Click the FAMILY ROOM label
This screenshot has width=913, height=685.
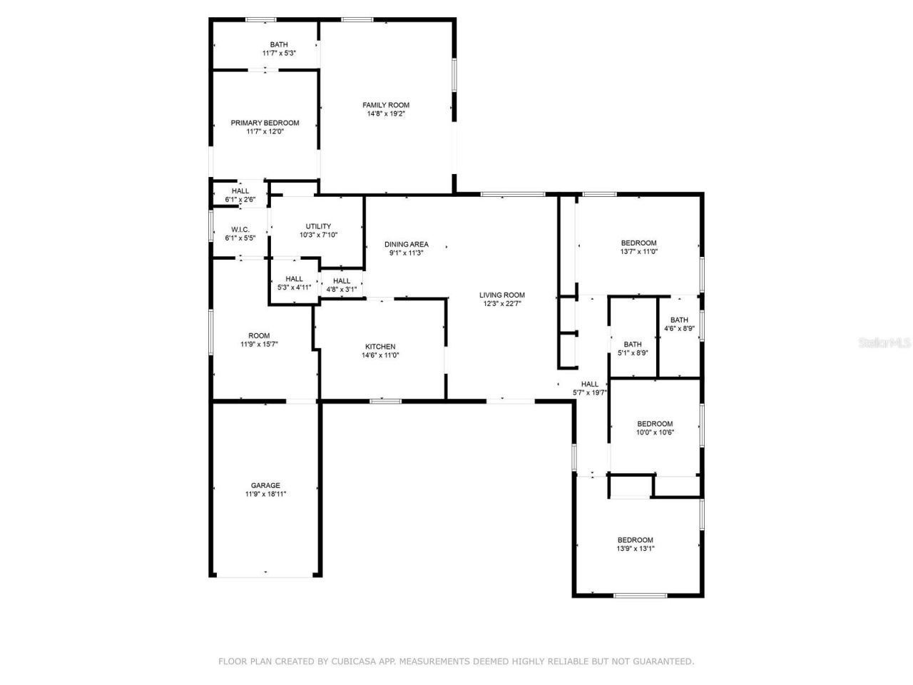point(386,105)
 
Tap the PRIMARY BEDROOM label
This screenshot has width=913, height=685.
point(265,123)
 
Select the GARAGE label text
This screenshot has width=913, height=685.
point(265,485)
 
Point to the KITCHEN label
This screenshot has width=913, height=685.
point(379,347)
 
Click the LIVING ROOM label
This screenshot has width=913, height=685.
point(501,295)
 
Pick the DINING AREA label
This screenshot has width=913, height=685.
point(406,244)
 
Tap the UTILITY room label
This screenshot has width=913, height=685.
point(318,226)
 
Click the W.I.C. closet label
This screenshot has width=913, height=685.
point(240,229)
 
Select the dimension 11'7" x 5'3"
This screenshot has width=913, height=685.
point(279,54)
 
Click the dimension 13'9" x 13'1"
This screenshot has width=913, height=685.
point(635,549)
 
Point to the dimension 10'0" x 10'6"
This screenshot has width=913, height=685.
point(655,432)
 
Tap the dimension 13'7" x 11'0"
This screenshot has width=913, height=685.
point(638,252)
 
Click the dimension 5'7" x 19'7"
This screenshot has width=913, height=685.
point(590,392)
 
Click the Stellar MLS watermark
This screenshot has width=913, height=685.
point(884,342)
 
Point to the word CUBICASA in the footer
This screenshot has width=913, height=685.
point(355,661)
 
